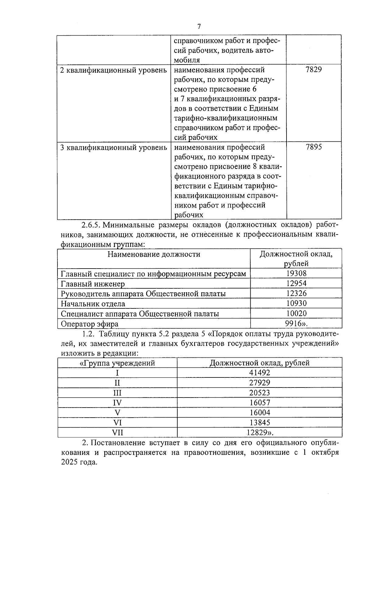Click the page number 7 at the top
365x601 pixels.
tap(199, 26)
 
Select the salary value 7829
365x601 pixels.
tap(314, 70)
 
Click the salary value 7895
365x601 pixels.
tap(314, 147)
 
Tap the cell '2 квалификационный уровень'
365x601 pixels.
tap(113, 70)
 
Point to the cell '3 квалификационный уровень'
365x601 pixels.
tap(113, 148)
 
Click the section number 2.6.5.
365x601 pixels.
tap(90, 225)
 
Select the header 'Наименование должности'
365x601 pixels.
tap(154, 254)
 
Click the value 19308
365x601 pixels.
tap(296, 273)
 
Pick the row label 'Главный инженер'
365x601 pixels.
tap(93, 284)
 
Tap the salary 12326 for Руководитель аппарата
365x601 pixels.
tap(296, 293)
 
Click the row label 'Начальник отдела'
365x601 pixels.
tap(93, 304)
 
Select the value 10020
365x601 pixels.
tap(296, 313)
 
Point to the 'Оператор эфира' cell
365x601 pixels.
tap(89, 324)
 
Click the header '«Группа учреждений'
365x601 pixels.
tap(117, 363)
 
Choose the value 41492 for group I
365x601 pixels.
tap(259, 373)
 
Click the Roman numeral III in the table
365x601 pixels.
tap(117, 393)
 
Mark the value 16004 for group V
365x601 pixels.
tap(259, 412)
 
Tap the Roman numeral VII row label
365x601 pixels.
tap(117, 433)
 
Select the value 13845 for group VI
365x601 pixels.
tap(259, 422)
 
